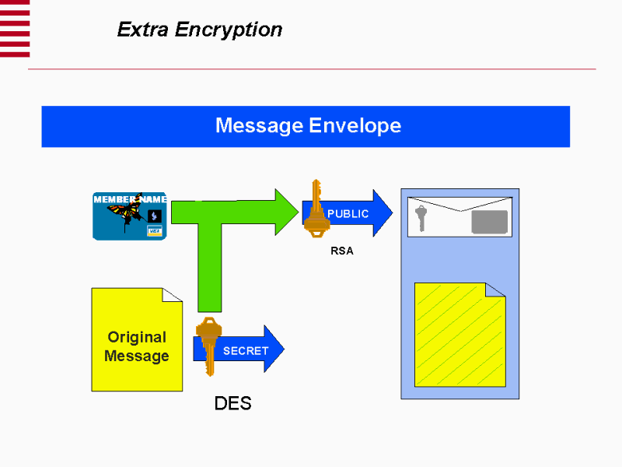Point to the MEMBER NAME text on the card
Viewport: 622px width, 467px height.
click(130, 199)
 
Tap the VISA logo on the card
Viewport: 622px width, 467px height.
click(154, 231)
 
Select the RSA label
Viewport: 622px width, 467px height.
click(342, 251)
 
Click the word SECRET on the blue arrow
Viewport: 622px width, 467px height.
click(246, 351)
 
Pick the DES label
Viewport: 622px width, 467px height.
click(232, 403)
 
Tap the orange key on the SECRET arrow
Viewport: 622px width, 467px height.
click(208, 343)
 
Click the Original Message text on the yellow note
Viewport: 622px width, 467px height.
click(137, 346)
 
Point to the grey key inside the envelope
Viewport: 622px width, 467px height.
click(421, 217)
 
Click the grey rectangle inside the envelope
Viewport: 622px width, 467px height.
click(489, 222)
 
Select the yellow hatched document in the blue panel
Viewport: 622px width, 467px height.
click(460, 335)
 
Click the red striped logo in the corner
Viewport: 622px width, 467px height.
click(15, 28)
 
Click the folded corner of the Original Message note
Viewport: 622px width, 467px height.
click(173, 294)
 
